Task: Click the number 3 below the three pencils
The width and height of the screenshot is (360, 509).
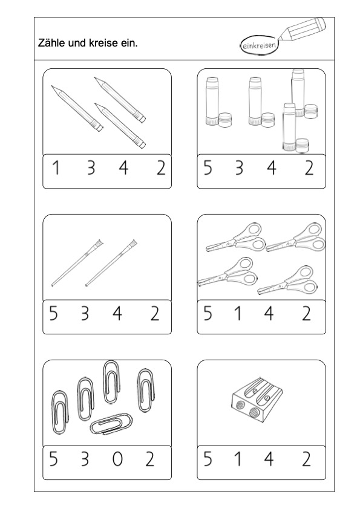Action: (x=91, y=168)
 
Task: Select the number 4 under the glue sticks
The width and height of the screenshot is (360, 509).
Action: (x=272, y=168)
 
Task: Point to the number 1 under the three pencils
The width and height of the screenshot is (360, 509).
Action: (x=56, y=168)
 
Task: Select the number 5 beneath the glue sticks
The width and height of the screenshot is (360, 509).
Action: (x=208, y=168)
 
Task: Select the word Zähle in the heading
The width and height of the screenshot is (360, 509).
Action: (x=50, y=43)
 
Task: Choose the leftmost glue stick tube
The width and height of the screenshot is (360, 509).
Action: (x=212, y=101)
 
